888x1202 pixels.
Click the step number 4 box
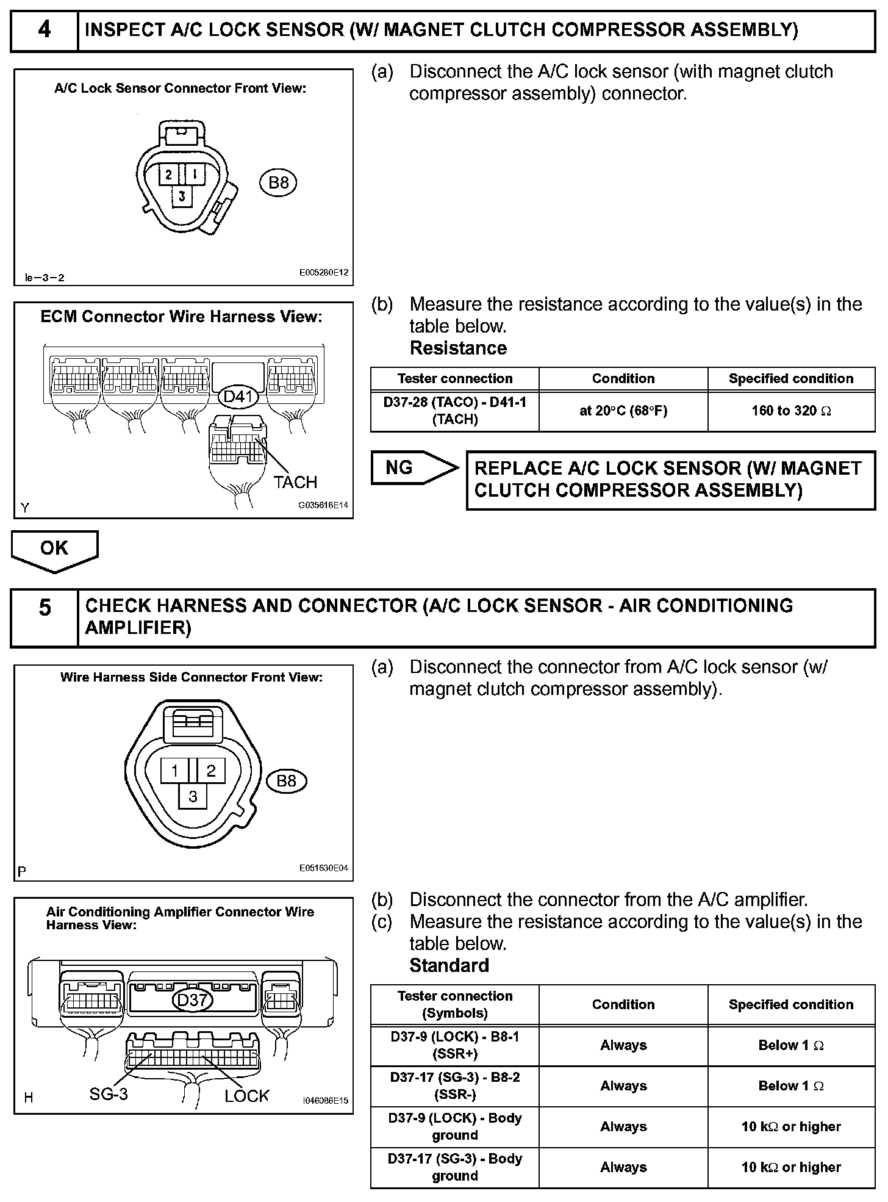(x=45, y=30)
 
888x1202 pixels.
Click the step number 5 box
(x=45, y=617)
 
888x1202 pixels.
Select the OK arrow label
(x=54, y=549)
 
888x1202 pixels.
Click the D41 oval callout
(x=238, y=397)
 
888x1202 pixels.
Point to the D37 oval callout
(x=193, y=999)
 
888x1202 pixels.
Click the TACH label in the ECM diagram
(x=295, y=482)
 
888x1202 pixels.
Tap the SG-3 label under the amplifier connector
(x=109, y=1094)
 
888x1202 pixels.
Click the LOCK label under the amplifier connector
(x=246, y=1096)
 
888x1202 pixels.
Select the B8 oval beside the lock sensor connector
(x=279, y=182)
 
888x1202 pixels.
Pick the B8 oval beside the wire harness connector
(x=286, y=781)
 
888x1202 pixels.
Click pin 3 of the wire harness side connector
(x=193, y=797)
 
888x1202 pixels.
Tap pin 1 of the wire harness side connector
(x=174, y=771)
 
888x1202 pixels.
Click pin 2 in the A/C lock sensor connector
(x=168, y=175)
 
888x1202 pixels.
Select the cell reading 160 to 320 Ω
(x=791, y=411)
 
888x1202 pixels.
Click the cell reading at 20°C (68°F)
(x=623, y=411)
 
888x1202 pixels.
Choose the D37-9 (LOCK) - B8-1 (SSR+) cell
(x=454, y=1045)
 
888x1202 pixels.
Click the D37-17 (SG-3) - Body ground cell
(x=454, y=1167)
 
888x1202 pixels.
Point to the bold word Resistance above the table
(x=458, y=348)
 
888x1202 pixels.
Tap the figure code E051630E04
(x=323, y=868)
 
